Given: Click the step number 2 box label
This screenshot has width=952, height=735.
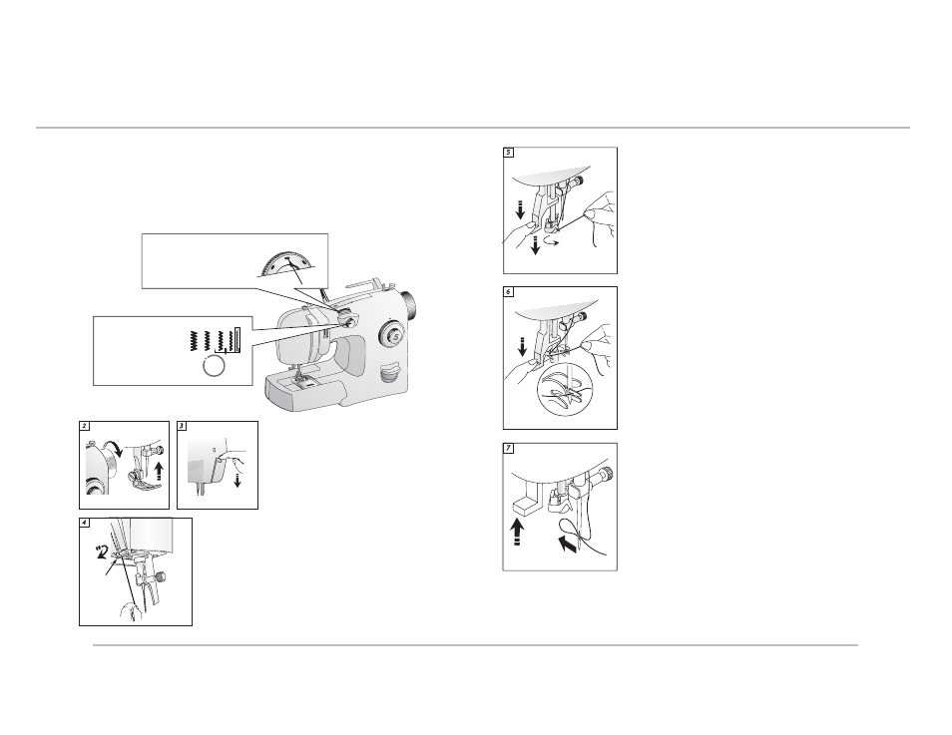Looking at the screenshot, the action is [x=85, y=426].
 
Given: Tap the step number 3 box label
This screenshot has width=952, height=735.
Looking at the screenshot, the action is [x=183, y=426].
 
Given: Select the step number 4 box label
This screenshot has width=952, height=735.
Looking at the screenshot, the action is [x=85, y=523].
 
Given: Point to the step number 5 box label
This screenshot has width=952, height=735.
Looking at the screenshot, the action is [x=509, y=153].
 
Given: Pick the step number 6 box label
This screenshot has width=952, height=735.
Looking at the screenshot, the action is [x=509, y=292].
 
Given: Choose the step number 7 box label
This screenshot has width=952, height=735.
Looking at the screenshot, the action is [x=509, y=449].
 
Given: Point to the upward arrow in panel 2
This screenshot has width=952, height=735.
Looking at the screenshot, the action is [x=159, y=471].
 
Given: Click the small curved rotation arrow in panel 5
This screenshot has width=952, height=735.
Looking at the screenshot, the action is [x=551, y=241].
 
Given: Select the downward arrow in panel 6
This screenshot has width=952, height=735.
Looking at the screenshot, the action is [x=521, y=348].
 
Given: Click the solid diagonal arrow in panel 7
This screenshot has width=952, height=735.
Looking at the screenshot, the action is [x=568, y=544].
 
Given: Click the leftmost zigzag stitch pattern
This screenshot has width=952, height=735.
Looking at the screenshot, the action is [x=194, y=340].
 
